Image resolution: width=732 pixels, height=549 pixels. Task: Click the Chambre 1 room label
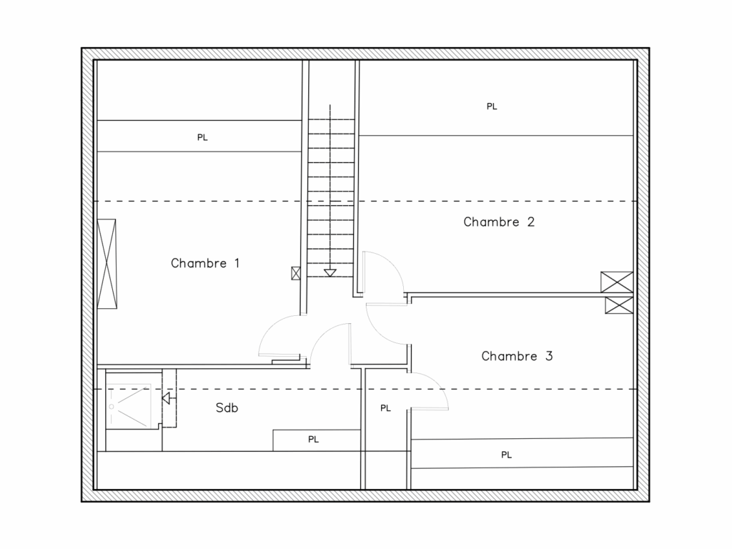(x=205, y=263)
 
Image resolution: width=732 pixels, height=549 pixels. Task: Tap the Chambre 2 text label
(x=498, y=222)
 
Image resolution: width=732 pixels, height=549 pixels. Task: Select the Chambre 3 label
(x=517, y=356)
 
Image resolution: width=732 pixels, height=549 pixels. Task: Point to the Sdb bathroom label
(x=227, y=408)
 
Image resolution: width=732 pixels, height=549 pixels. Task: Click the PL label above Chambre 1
(x=202, y=137)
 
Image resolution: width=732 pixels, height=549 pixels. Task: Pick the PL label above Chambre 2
(x=492, y=107)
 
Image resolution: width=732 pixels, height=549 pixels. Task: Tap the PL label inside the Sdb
(x=313, y=440)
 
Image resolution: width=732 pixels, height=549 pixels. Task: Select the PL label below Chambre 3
(x=507, y=455)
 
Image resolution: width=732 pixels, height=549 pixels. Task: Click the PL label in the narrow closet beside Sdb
(x=385, y=408)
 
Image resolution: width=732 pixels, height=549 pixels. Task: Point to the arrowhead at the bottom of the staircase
(x=330, y=273)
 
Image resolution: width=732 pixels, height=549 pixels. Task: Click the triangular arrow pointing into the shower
(x=166, y=399)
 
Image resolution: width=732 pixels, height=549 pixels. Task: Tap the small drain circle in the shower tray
(x=112, y=407)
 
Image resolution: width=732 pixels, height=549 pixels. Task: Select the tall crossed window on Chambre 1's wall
(x=107, y=264)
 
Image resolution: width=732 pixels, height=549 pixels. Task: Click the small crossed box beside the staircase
(x=296, y=273)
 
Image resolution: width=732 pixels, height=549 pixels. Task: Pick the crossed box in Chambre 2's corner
(x=617, y=282)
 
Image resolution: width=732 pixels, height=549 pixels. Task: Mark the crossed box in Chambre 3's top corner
(x=619, y=305)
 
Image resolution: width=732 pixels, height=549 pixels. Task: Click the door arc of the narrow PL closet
(x=438, y=384)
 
